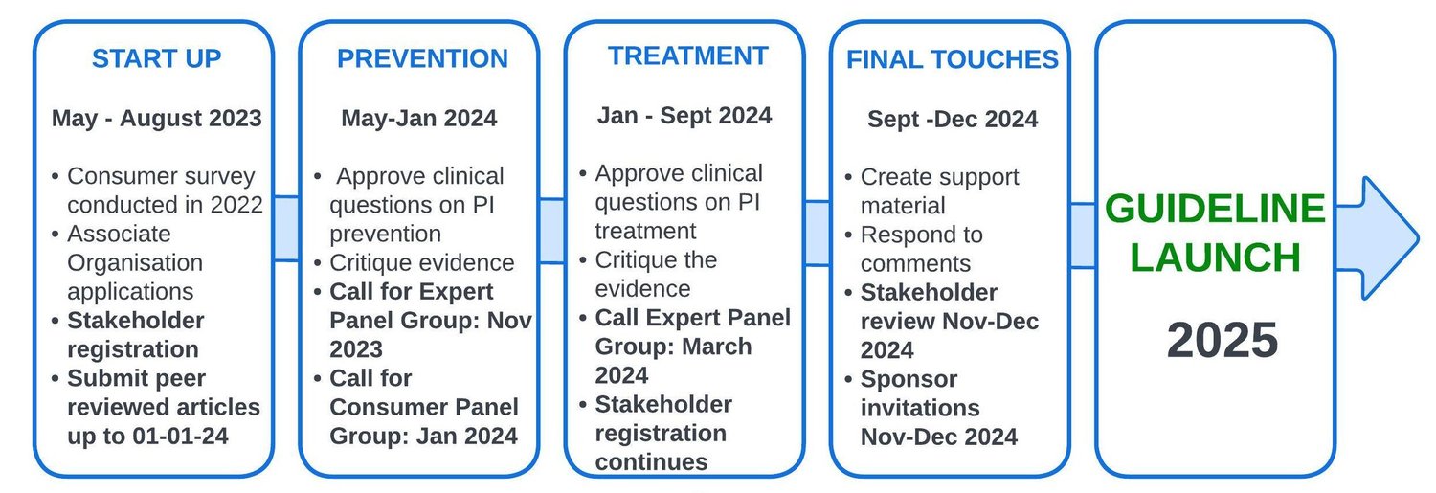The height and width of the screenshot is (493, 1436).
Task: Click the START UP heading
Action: click(156, 58)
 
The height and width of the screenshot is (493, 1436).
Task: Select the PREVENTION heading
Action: click(422, 58)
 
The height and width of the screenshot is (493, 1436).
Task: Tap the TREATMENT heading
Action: click(688, 56)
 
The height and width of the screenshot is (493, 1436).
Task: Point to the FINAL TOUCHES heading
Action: click(952, 59)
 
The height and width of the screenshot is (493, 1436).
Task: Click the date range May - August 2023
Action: click(156, 119)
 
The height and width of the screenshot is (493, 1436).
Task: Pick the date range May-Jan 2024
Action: click(418, 119)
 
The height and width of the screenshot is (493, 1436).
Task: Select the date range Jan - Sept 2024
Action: click(684, 116)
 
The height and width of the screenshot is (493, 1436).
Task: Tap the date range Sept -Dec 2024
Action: click(952, 120)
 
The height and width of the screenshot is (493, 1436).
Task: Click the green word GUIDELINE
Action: click(1215, 209)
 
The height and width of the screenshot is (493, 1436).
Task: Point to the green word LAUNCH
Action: click(1215, 258)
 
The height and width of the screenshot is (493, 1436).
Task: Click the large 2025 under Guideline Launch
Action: click(1222, 340)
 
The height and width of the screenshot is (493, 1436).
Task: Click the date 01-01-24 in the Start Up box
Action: click(180, 436)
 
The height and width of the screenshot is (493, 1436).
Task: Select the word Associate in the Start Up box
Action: click(120, 234)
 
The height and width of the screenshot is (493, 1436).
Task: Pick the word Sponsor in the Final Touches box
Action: click(909, 379)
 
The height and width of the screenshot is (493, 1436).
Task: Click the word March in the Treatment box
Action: click(717, 347)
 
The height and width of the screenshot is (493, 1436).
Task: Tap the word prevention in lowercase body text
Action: click(385, 235)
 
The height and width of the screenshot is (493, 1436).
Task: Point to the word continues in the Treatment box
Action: click(651, 461)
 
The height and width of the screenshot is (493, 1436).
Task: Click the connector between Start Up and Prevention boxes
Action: click(286, 228)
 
